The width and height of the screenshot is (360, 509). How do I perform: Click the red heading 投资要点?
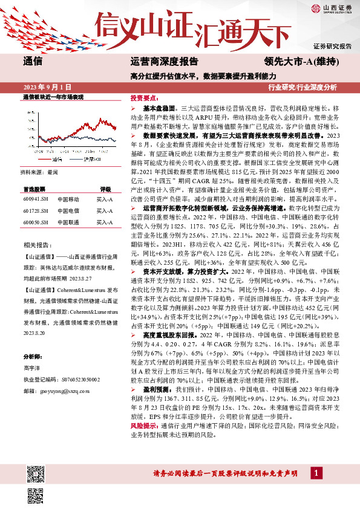click(144, 97)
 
